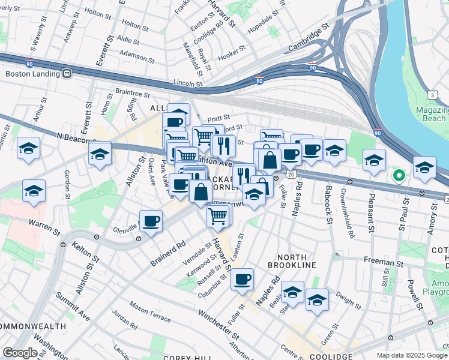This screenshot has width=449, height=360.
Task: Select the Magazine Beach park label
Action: tap(432, 114)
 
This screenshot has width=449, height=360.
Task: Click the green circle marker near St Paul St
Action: tap(398, 176)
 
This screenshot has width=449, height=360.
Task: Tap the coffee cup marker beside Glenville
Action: tap(151, 220)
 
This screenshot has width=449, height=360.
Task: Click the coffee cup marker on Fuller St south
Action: tap(242, 279)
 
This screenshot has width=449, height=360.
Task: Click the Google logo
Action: tap(20, 353)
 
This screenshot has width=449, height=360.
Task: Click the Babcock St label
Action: tap(329, 205)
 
